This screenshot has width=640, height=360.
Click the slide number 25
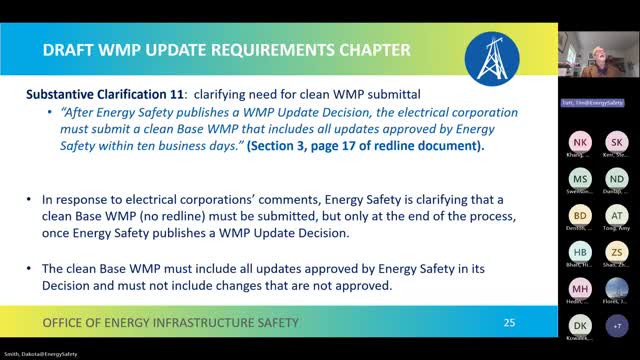[x=509, y=322]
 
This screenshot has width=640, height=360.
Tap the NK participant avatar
[x=580, y=141]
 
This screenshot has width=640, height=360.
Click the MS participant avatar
[x=580, y=178]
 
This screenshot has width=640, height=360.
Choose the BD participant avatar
[x=580, y=215]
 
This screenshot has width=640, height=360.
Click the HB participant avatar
[x=580, y=252]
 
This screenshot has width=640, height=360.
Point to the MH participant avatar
[x=580, y=289]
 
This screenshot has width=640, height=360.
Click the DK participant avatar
[x=580, y=326]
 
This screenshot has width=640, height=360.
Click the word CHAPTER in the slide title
[x=367, y=50]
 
